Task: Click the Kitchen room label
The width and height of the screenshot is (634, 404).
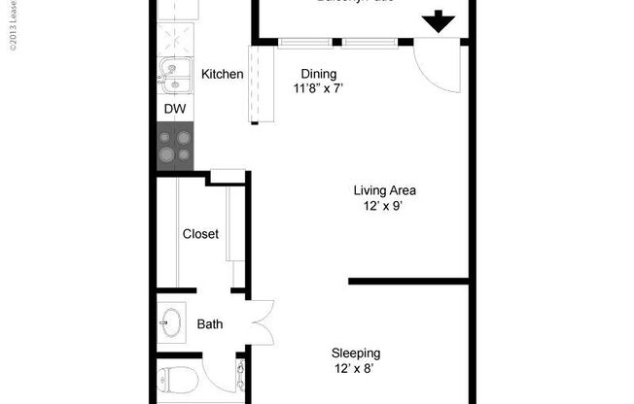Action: pos(222,74)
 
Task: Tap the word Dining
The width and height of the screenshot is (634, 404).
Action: pos(318,74)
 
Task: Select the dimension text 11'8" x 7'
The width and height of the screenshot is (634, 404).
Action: pos(318,89)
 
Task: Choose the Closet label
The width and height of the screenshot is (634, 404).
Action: pos(200,234)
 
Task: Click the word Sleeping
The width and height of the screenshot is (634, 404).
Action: pos(356,353)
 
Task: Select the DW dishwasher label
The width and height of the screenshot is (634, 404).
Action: pos(174,109)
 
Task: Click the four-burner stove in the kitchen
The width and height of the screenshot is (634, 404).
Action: pos(176,146)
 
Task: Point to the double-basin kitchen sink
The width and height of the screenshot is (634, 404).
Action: pos(175,74)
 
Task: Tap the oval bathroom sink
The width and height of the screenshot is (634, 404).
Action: pos(172,322)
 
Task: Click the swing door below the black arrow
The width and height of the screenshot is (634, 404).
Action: pos(434,66)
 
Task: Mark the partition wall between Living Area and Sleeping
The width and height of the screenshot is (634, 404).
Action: pos(408,282)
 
